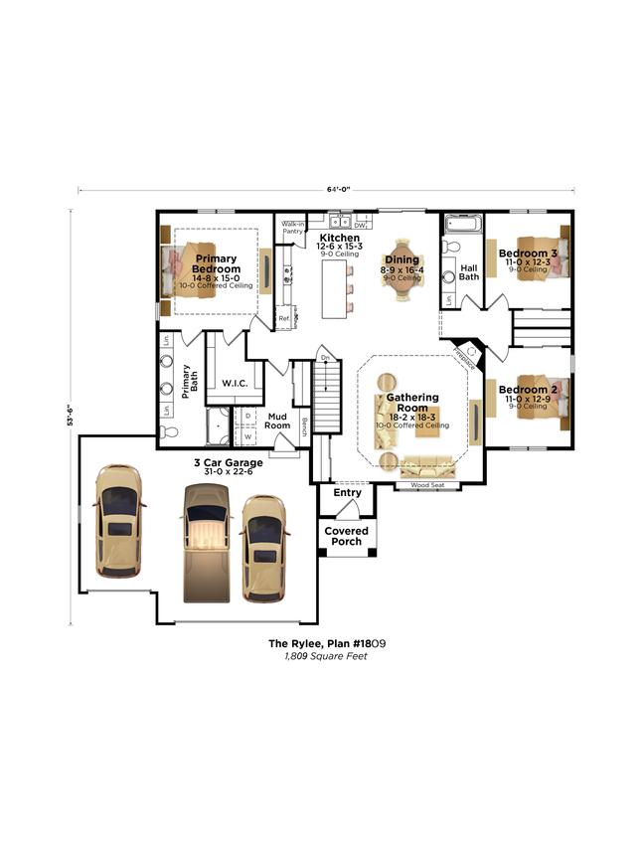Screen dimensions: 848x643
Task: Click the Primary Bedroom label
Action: (x=216, y=263)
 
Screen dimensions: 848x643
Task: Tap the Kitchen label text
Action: (x=338, y=239)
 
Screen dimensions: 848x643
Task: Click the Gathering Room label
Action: (x=411, y=403)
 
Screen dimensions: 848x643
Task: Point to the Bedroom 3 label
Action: (x=528, y=253)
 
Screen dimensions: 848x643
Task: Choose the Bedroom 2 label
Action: (x=528, y=390)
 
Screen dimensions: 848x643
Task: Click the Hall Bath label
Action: (x=469, y=271)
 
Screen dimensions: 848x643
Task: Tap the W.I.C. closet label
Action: (x=235, y=382)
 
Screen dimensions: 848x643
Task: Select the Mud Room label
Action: (x=278, y=421)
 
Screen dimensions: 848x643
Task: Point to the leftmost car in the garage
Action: (x=118, y=520)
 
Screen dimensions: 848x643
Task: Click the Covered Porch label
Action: (x=347, y=536)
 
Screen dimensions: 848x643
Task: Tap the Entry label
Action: (x=347, y=493)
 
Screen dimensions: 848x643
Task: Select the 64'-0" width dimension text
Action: (x=337, y=188)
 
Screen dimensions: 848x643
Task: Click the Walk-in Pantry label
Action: (x=292, y=228)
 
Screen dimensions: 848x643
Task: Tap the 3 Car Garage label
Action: (x=228, y=462)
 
